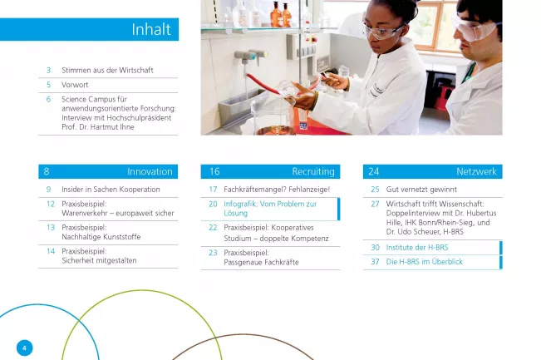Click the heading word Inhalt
(x=151, y=29)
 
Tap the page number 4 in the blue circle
(x=24, y=348)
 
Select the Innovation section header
(x=150, y=171)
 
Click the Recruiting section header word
(x=313, y=171)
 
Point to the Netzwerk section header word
(x=476, y=171)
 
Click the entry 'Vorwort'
(x=75, y=85)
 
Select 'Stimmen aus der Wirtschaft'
(x=107, y=70)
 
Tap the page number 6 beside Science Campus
(x=49, y=100)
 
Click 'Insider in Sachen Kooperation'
(x=111, y=190)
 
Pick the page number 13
(x=51, y=228)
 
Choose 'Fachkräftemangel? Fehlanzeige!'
(x=277, y=190)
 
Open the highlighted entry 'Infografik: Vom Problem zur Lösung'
(x=270, y=209)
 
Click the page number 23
(x=213, y=253)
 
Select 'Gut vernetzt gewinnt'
(x=421, y=190)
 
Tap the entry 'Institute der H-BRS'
(x=417, y=248)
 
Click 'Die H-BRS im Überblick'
(x=425, y=262)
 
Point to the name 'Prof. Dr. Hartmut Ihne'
(x=98, y=127)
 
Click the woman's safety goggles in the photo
(x=382, y=31)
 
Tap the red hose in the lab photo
(x=264, y=84)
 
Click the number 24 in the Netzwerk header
(x=374, y=171)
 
